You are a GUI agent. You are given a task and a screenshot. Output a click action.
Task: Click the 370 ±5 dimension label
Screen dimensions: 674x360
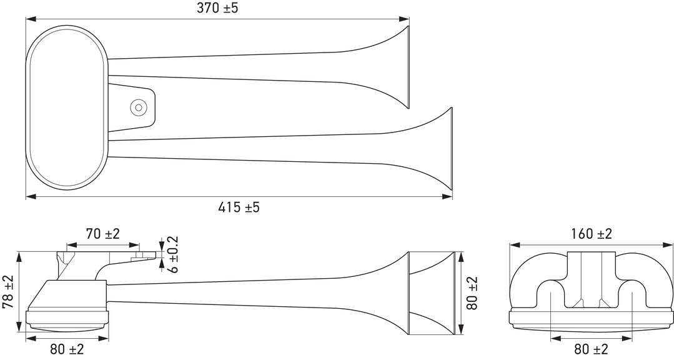(217, 8)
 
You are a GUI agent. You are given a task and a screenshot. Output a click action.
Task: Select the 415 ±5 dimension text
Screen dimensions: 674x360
(239, 207)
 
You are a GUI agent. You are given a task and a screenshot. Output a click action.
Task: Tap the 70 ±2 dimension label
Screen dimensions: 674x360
(102, 234)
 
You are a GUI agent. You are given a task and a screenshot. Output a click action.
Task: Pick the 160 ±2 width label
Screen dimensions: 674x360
(592, 234)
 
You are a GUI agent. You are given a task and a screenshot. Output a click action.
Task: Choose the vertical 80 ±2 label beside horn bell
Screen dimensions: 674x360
(472, 293)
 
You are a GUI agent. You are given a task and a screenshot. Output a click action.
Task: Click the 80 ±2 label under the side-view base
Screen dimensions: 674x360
(67, 349)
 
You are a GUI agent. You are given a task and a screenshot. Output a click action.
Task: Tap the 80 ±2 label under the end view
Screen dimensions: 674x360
(591, 349)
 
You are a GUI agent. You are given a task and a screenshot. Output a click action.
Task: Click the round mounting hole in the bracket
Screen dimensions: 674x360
(139, 107)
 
